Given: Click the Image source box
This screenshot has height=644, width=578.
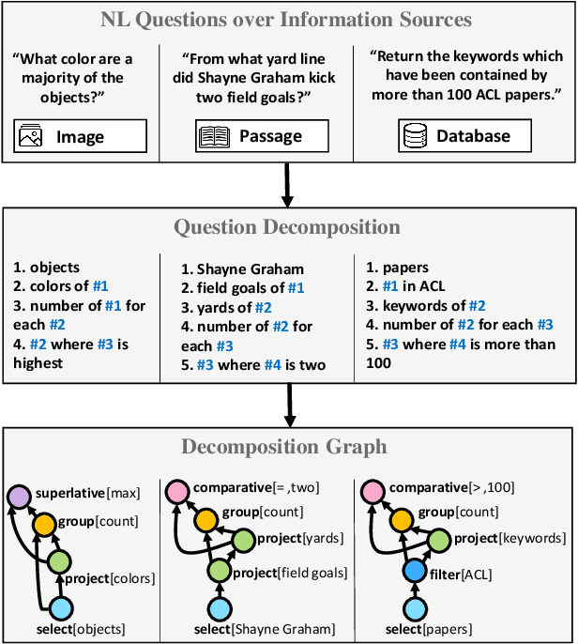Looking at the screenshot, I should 81,136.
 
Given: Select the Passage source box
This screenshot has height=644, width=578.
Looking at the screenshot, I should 262,136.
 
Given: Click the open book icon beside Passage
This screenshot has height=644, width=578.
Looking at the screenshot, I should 215,137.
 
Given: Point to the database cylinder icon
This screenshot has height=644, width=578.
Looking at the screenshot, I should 414,137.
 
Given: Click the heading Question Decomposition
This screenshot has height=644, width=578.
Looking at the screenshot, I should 289,227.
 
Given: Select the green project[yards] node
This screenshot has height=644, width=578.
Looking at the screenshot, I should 244,540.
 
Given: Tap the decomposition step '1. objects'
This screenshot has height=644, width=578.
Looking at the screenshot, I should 48,268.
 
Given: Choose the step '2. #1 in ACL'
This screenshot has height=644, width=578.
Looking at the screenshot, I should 405,286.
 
